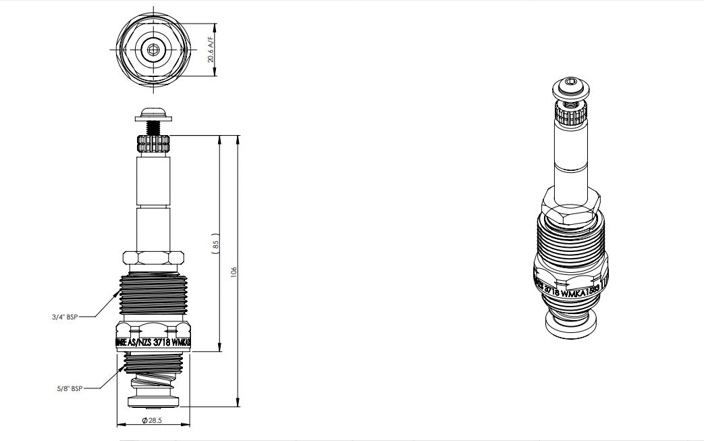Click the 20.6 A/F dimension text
(x=211, y=50)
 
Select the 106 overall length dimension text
(x=234, y=271)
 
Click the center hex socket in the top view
(x=153, y=49)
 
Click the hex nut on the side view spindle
(x=153, y=258)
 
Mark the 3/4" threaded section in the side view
(x=153, y=294)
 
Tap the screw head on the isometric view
(x=571, y=88)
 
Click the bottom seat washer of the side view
(x=153, y=404)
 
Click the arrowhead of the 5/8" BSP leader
(x=124, y=369)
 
